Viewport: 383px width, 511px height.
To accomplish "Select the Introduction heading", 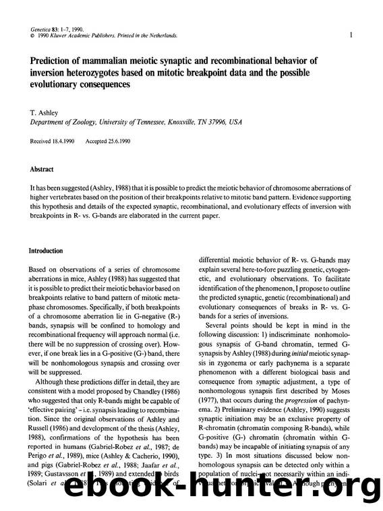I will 46,250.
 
